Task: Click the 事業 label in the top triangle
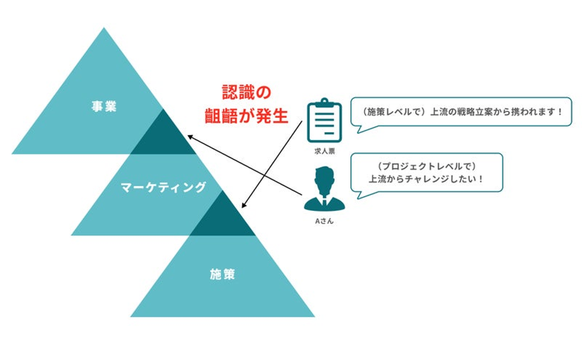click(104, 107)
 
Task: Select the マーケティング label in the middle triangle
click(163, 187)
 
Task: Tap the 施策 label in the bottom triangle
click(222, 274)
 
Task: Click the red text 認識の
click(247, 92)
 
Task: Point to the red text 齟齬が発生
click(247, 116)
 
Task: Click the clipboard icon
click(324, 120)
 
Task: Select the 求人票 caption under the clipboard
click(325, 151)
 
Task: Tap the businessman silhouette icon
click(324, 189)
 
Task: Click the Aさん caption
click(324, 221)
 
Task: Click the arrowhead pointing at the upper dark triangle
click(190, 137)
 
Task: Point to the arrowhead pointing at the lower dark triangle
click(244, 205)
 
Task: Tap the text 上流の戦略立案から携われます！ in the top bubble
click(496, 112)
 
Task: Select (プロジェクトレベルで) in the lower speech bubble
click(426, 166)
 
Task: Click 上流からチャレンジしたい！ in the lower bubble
click(426, 179)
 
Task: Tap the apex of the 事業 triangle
click(104, 27)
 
